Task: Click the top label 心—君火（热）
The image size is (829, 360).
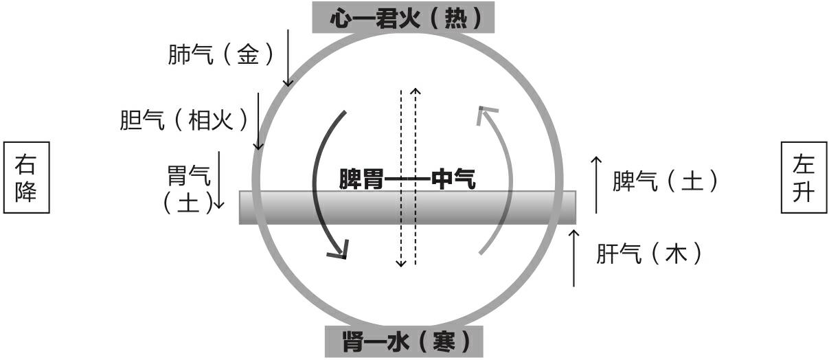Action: (x=403, y=17)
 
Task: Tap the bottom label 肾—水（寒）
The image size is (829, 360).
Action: (x=403, y=341)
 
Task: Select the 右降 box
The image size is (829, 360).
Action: (x=27, y=177)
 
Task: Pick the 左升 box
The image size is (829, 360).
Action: (x=803, y=177)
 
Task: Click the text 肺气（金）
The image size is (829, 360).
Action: (x=215, y=56)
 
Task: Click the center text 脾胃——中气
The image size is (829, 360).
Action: (x=407, y=181)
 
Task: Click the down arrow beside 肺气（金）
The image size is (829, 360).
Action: (x=288, y=59)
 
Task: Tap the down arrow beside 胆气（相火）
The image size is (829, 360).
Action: (x=259, y=121)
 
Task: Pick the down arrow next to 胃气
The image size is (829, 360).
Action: (x=219, y=179)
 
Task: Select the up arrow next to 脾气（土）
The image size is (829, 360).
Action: (x=596, y=184)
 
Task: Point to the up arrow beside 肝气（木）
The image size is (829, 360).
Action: (x=574, y=258)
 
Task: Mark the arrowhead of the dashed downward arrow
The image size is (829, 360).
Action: (x=401, y=263)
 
